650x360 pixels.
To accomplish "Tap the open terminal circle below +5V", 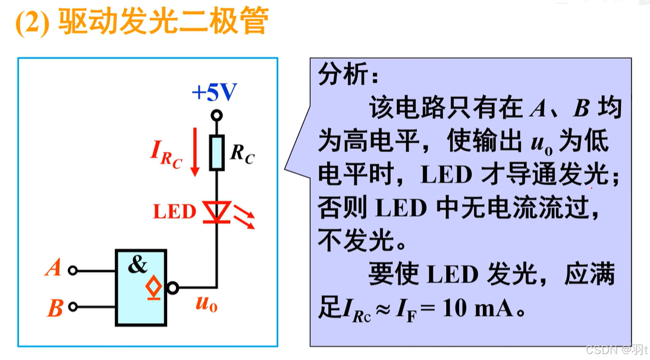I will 217,115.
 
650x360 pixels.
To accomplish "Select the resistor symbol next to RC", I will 217,152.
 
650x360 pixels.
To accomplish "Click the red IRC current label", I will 165,154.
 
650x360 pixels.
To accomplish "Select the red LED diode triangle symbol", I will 217,212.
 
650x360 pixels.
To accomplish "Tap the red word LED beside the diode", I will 174,212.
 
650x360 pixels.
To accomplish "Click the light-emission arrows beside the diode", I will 244,216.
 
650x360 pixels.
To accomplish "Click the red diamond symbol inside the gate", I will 153,287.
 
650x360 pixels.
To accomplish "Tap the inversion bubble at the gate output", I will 173,289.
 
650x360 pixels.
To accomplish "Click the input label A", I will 54,270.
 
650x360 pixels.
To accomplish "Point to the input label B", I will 55,308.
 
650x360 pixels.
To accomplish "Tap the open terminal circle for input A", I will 73,270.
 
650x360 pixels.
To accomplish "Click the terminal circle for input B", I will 73,307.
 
